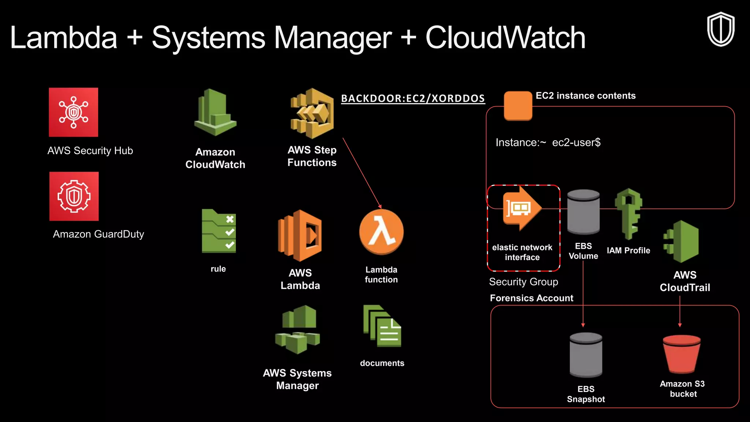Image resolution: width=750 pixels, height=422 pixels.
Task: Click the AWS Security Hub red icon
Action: [74, 112]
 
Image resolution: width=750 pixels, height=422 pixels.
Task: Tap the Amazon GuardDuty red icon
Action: [74, 196]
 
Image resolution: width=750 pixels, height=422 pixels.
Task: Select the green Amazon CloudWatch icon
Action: [215, 113]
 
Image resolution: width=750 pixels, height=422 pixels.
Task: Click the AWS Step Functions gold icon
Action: [312, 114]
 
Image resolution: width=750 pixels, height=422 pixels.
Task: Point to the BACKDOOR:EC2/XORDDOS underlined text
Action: [413, 99]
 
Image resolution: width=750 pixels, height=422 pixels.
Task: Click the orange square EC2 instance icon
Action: [518, 106]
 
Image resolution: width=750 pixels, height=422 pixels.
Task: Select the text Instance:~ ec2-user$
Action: [548, 142]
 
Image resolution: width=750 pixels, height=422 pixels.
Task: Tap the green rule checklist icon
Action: [219, 231]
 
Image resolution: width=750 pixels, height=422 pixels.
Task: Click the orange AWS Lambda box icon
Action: [300, 236]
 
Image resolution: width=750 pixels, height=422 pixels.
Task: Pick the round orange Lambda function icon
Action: [381, 232]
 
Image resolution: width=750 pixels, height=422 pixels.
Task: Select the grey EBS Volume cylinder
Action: [583, 212]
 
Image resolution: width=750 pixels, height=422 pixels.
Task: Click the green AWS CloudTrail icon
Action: [682, 241]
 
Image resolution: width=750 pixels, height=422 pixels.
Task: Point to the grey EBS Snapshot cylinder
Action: [586, 355]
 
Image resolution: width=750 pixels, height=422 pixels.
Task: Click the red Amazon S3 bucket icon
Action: [682, 353]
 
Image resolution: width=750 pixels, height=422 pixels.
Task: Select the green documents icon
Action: [382, 326]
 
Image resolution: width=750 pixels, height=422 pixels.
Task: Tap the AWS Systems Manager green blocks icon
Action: [298, 330]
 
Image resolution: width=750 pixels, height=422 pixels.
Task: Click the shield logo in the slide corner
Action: [721, 29]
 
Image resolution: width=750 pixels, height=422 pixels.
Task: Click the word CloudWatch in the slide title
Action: [505, 38]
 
